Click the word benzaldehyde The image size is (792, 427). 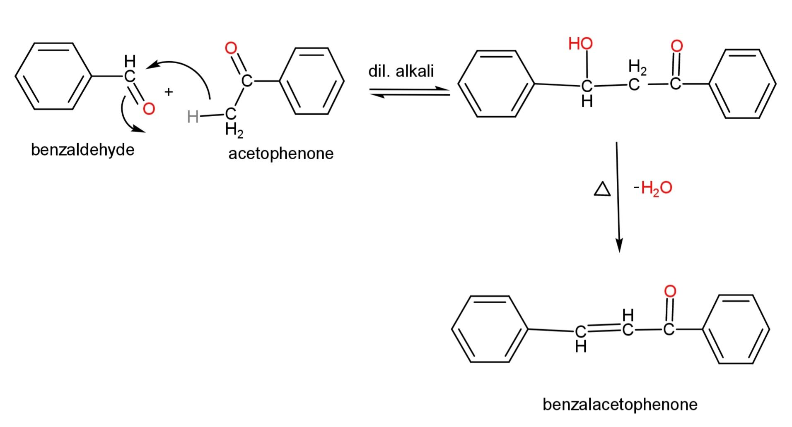pos(83,149)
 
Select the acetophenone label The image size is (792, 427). pos(281,154)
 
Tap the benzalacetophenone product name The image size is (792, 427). pos(620,404)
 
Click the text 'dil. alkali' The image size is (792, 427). pos(401,71)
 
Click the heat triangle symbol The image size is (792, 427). pos(602,190)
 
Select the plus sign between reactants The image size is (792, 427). pos(168,92)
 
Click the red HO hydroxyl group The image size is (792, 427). pos(581,43)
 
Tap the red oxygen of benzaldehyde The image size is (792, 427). pos(148,109)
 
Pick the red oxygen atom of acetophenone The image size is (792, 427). pos(231,48)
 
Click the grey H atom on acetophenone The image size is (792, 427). pos(193,117)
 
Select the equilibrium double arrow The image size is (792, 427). pos(409,92)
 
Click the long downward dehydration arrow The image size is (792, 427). pos(618,197)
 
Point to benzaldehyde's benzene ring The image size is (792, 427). pos(53,77)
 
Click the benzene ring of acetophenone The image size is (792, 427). pos(312,81)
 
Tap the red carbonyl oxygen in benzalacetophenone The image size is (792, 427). pos(670,291)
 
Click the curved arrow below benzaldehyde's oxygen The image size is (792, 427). pos(129,116)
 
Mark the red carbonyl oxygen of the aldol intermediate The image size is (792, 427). pos(676,46)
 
